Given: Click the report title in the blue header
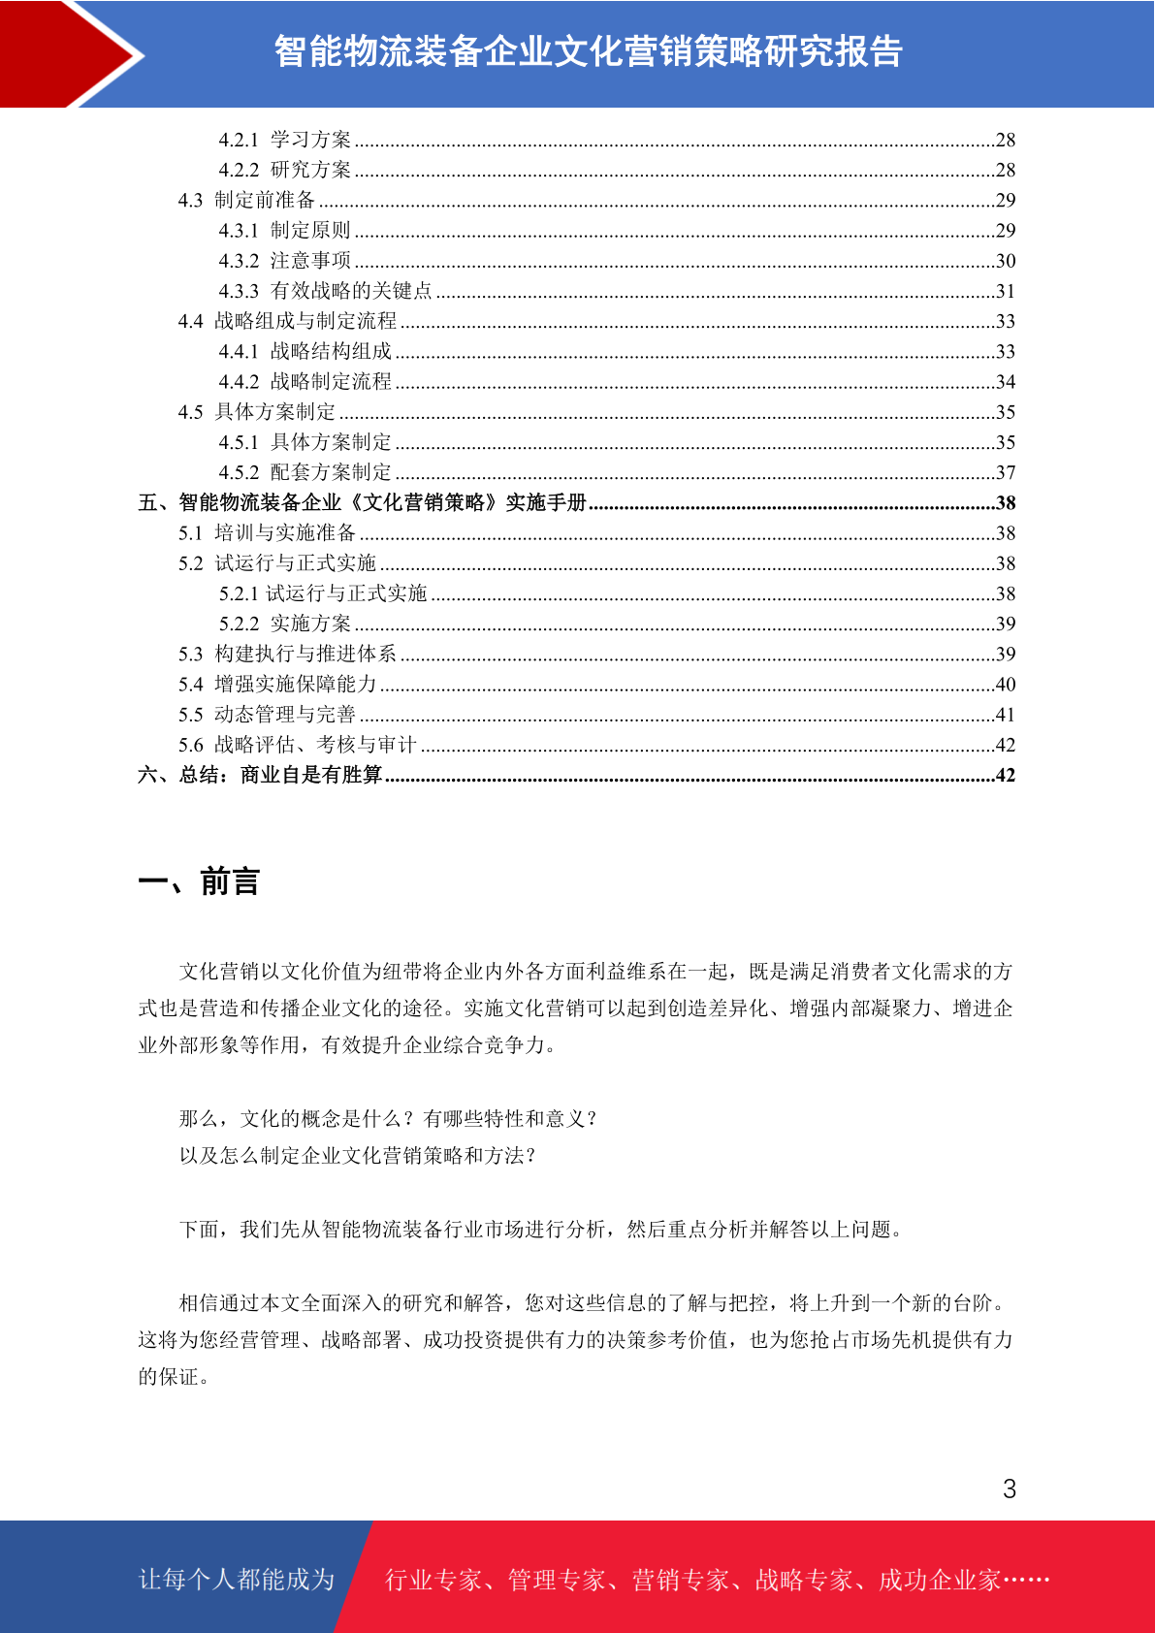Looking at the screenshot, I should [x=588, y=51].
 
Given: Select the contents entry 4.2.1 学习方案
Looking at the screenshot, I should [x=284, y=140].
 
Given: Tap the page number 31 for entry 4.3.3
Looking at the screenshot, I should [x=1005, y=291].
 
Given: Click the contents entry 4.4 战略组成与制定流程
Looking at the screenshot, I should [x=287, y=321].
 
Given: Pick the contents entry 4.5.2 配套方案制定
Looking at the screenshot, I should [x=305, y=472].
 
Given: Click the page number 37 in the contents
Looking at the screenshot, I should [x=1005, y=472].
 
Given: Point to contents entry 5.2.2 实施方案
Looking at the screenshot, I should [x=284, y=624].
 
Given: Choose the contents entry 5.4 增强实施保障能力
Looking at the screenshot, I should [x=277, y=684].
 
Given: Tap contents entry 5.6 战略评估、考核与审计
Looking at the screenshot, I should [x=297, y=745].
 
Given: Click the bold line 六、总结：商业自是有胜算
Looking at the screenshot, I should [x=260, y=775].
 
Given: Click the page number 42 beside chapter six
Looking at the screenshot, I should [x=1005, y=775].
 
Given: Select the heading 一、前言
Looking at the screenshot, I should [x=199, y=881].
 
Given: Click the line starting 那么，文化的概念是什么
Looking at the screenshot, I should [x=388, y=1119].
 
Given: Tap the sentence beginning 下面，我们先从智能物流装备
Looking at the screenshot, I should [x=543, y=1230].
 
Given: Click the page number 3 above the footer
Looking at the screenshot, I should [x=1009, y=1489].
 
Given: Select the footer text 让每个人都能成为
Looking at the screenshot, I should [x=237, y=1580].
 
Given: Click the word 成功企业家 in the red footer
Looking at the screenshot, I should [x=939, y=1580].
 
